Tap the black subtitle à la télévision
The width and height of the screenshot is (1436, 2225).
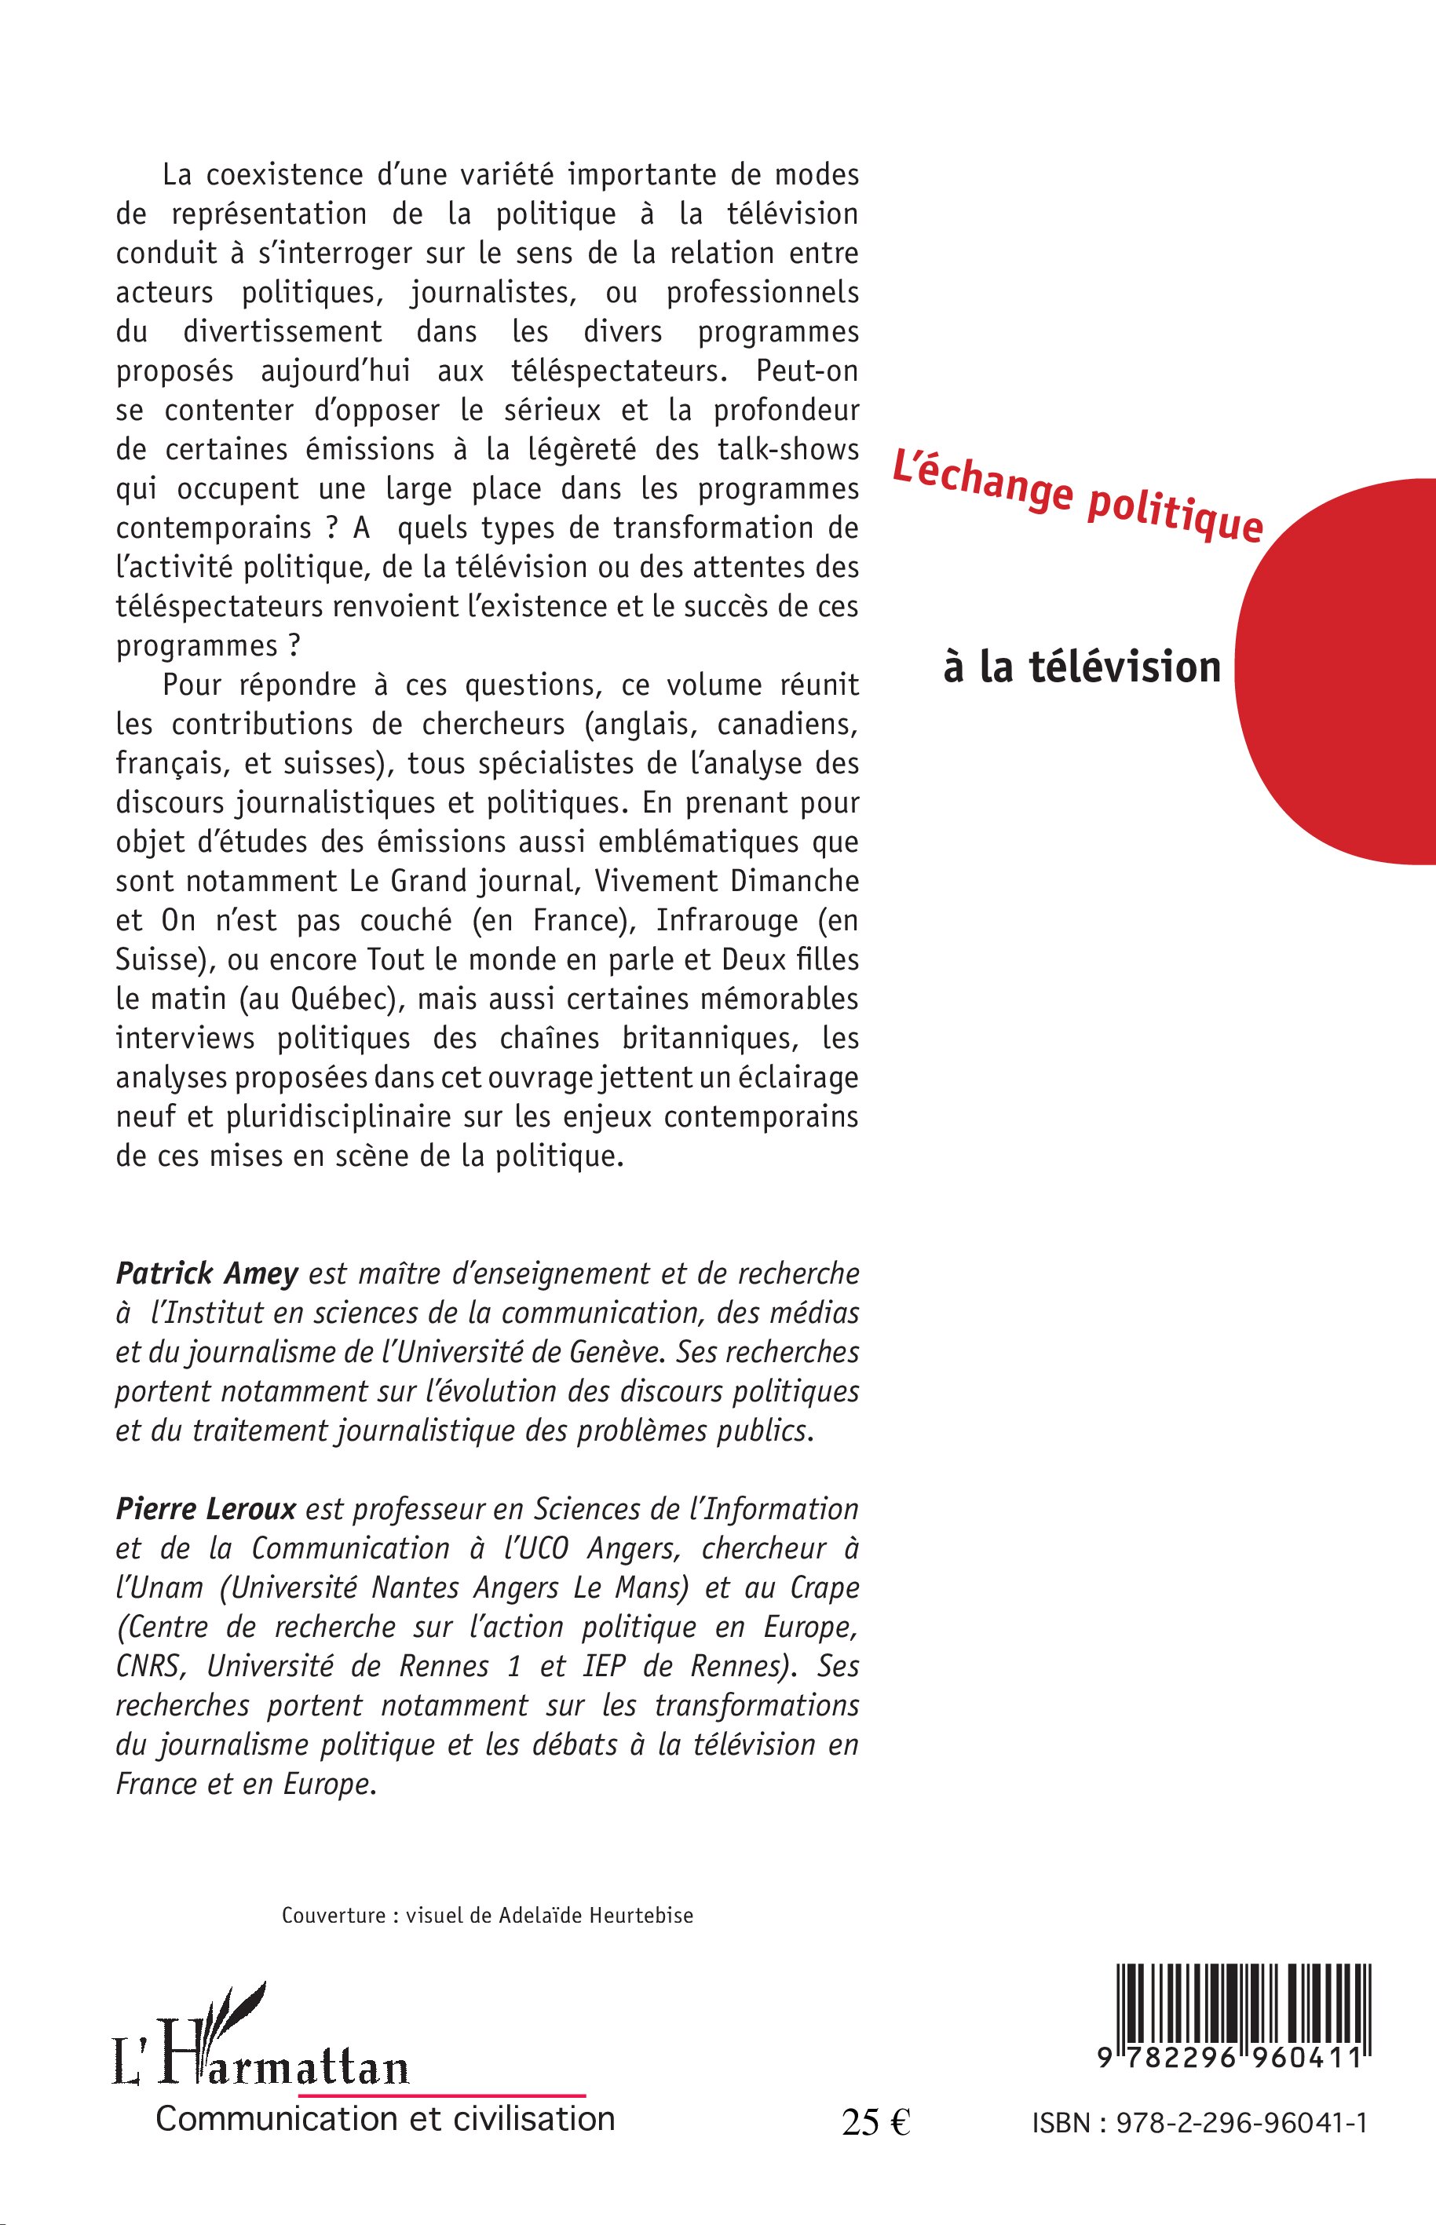pyautogui.click(x=1082, y=667)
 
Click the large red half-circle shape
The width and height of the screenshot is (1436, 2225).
pyautogui.click(x=1343, y=671)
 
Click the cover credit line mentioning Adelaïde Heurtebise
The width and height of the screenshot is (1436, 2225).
pyautogui.click(x=488, y=1916)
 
